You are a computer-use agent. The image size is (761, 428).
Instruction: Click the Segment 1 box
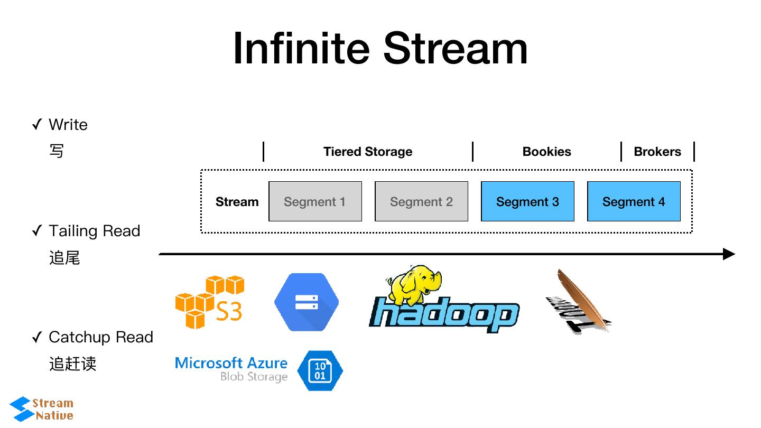tap(315, 201)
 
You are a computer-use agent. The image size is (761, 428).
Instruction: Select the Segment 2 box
tap(421, 201)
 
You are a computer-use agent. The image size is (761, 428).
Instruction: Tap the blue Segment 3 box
tap(527, 201)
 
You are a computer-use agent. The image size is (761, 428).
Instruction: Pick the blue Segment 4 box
tap(634, 201)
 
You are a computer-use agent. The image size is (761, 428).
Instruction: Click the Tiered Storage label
tap(368, 152)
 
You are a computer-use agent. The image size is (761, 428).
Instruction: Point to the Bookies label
tap(546, 152)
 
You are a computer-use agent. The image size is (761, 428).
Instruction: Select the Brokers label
tap(657, 152)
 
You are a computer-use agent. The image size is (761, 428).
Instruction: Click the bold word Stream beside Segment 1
tap(237, 202)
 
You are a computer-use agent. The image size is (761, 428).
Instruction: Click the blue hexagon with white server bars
tap(307, 302)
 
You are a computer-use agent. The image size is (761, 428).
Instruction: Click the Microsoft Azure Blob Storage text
tap(231, 369)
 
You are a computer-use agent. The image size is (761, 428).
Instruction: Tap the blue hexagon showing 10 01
tap(320, 370)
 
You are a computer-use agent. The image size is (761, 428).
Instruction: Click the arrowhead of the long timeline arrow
tap(729, 254)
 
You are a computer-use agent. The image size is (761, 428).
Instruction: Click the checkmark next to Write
tap(37, 125)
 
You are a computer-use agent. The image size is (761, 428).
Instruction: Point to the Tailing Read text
tap(94, 231)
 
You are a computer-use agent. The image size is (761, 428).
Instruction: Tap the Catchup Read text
tap(100, 337)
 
